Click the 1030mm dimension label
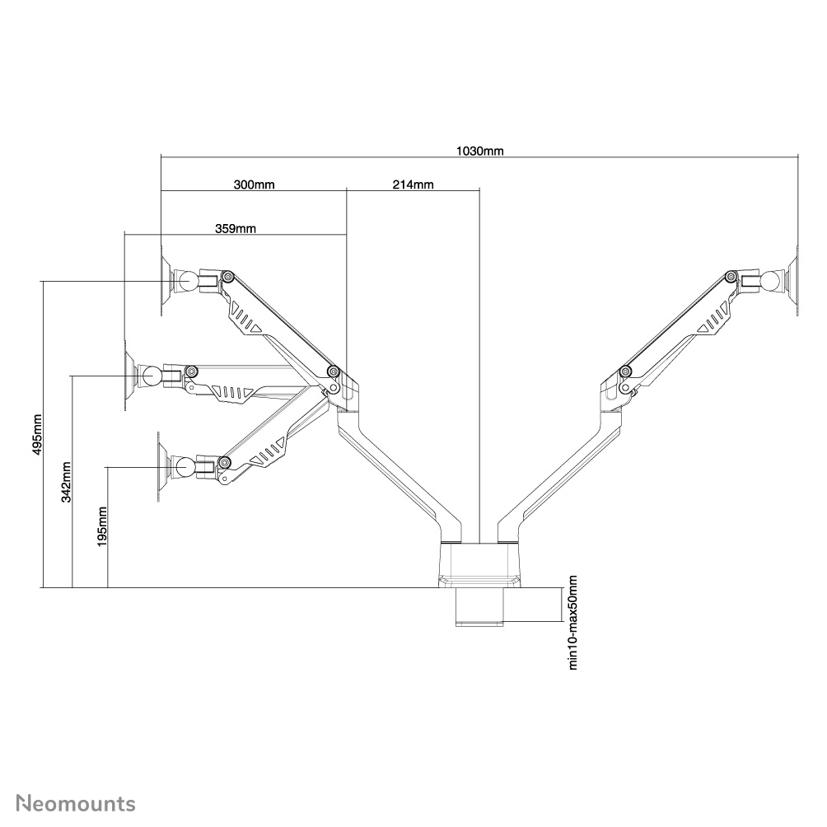[x=480, y=151]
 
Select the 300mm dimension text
[x=254, y=185]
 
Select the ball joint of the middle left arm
[x=152, y=376]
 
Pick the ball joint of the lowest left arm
[x=183, y=468]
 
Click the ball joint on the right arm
[x=772, y=280]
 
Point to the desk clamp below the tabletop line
[x=479, y=608]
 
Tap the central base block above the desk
[x=480, y=564]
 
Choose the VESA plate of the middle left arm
[x=128, y=376]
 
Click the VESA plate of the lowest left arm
[x=161, y=468]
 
